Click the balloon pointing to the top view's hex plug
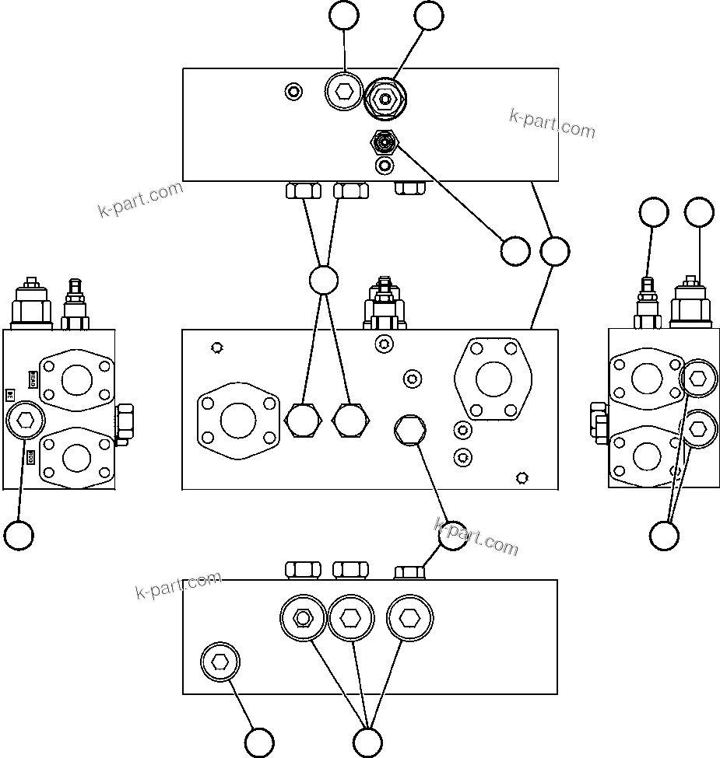pos(344,16)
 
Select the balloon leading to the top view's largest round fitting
pos(429,16)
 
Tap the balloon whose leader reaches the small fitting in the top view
pos(515,251)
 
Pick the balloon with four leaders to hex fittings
pos(323,281)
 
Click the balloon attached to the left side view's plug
pos(19,535)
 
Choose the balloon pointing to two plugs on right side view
pos(664,535)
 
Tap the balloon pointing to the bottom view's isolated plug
pos(259,742)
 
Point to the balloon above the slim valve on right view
pos(653,213)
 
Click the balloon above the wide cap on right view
pos(699,213)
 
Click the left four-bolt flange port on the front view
pos(238,421)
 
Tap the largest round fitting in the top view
pos(386,99)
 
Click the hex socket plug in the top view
pos(343,93)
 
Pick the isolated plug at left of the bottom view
pos(220,662)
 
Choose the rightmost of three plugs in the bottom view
pos(409,618)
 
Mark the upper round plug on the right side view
pos(698,379)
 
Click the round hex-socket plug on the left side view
pos(25,421)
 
